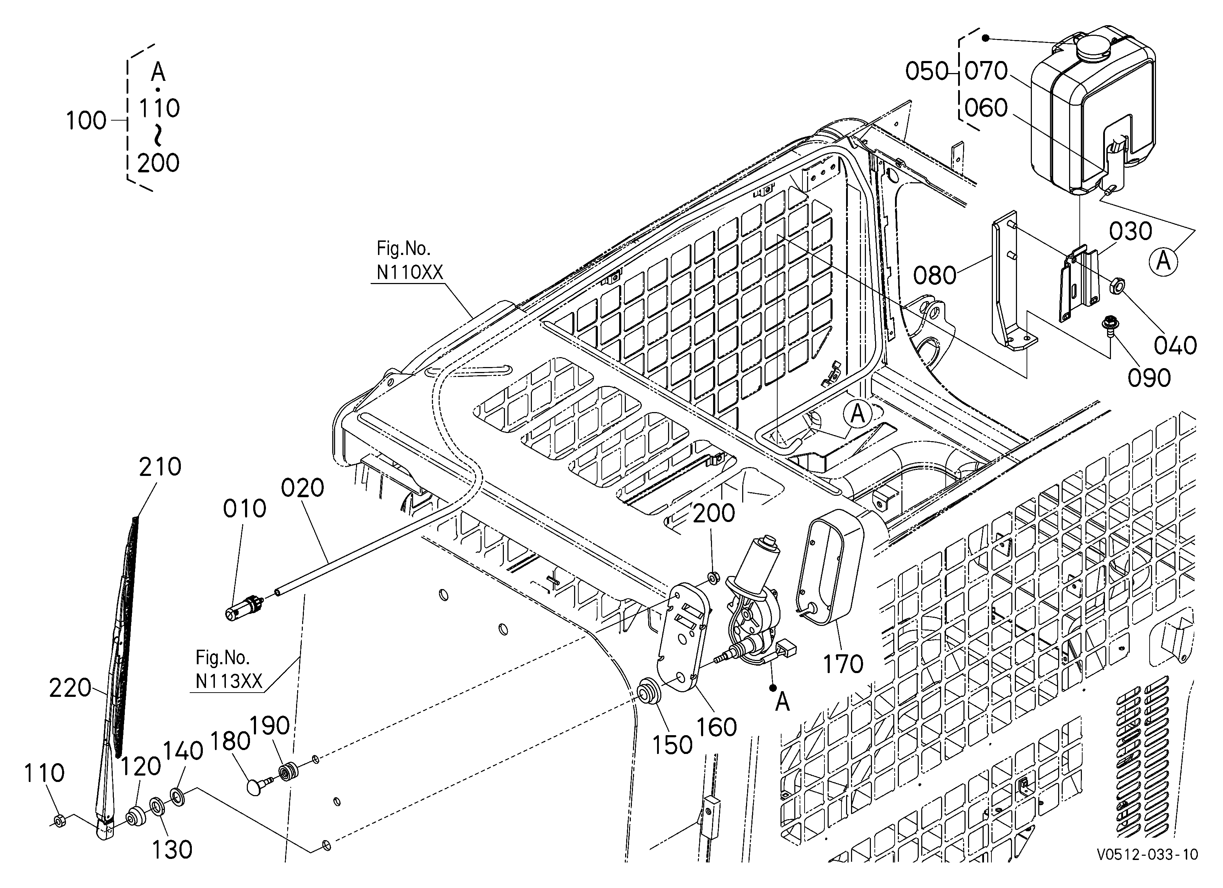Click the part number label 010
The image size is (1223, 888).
245,509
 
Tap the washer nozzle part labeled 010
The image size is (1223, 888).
243,607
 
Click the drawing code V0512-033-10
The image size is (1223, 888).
1147,869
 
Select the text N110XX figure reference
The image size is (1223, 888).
410,273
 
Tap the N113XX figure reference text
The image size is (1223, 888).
229,682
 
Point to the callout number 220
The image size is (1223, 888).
70,688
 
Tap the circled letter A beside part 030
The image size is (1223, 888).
1164,261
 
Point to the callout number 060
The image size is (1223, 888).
986,108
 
